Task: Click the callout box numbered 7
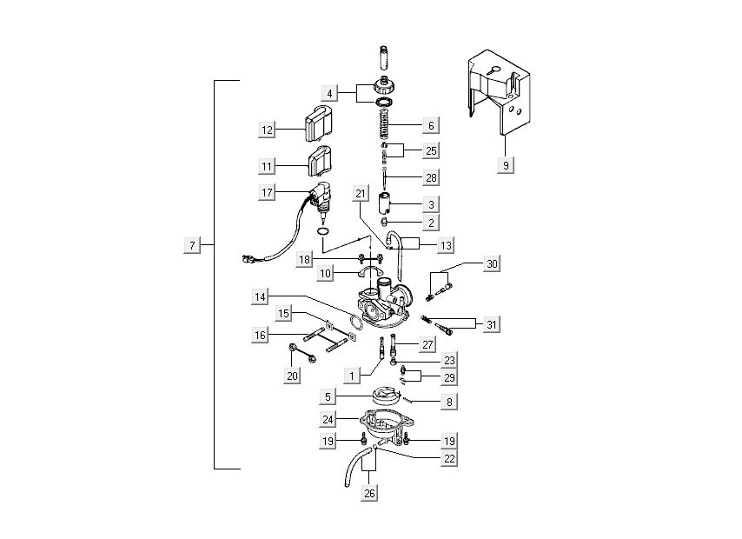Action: coord(192,245)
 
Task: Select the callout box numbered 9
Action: coord(504,164)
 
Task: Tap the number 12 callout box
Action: coord(267,130)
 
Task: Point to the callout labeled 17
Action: coord(267,191)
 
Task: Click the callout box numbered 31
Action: coord(491,324)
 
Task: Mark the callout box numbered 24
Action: coord(328,419)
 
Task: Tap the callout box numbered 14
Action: coord(261,296)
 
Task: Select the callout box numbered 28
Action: coord(431,176)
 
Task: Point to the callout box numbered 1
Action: coord(352,376)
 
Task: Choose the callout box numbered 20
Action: coord(291,376)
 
